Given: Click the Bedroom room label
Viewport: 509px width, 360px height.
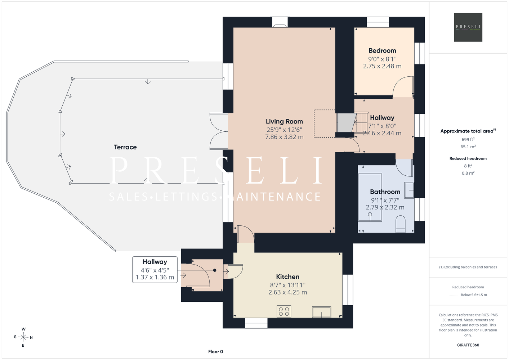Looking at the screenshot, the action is point(382,51).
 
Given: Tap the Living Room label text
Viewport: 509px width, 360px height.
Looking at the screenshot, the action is point(284,122).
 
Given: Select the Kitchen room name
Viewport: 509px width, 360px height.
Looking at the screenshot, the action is point(288,276).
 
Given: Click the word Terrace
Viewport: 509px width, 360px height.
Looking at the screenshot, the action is point(125,147).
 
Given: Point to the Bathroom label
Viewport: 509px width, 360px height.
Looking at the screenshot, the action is point(385,192).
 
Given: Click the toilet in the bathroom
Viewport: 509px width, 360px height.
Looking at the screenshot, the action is point(400,224).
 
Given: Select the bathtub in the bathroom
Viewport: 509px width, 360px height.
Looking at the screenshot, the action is point(370,197).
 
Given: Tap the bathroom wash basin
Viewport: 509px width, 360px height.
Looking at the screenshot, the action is point(409,190).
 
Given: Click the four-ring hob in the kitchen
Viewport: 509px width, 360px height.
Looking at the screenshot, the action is point(284,311).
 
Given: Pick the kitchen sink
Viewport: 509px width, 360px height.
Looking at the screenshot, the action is point(322,312).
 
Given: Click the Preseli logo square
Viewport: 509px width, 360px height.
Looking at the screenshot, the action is point(468,27).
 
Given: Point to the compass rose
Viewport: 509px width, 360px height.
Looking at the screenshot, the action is point(23,337).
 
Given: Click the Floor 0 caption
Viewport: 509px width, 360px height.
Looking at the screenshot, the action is point(216,352).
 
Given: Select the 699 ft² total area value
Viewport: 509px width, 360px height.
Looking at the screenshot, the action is point(468,139).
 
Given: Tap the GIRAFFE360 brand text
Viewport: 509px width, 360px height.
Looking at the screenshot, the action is point(468,345).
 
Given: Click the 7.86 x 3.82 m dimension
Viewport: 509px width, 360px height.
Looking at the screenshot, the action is point(284,137).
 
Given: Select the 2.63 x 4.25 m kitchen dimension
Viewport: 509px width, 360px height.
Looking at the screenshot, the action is point(288,292).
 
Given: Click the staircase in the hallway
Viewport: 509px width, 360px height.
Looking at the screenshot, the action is point(352,122).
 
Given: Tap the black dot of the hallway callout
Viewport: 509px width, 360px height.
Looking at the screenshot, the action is point(215,270).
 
